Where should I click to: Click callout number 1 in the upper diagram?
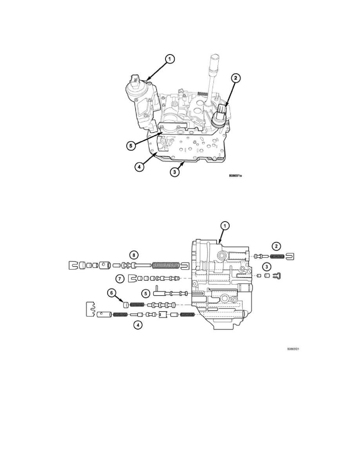tap(169, 59)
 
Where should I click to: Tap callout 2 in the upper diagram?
tap(235, 78)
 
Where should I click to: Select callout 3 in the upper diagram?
tap(175, 172)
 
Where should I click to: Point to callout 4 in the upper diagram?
tap(139, 167)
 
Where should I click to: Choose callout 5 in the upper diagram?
tap(131, 146)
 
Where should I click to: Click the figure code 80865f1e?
tap(235, 176)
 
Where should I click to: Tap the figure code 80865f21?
tap(293, 349)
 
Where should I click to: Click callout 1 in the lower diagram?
tap(225, 226)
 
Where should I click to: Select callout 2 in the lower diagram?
tap(276, 246)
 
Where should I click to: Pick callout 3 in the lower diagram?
tap(267, 266)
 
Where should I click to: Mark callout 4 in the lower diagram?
tap(138, 326)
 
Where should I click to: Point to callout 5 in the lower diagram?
tap(145, 294)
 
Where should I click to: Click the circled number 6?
tap(111, 293)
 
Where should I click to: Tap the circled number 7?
tap(119, 279)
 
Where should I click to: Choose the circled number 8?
tap(134, 255)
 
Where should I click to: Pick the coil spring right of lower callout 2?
tap(277, 256)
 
